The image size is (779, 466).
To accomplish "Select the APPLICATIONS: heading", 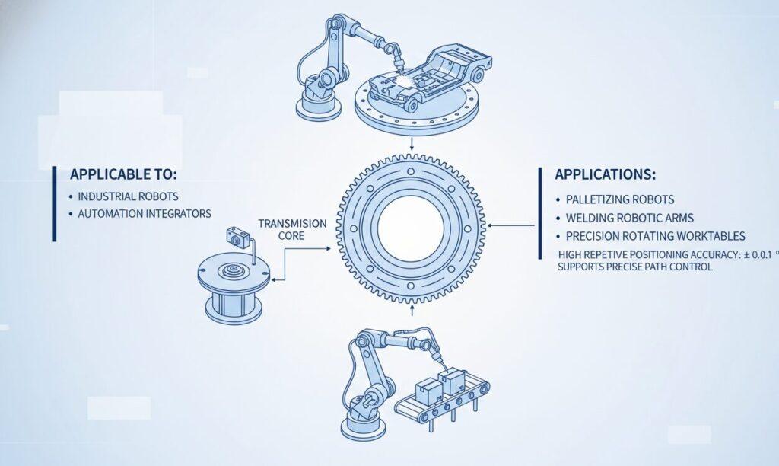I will point(604,174).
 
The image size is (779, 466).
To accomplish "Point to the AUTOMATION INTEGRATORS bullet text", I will point(144,214).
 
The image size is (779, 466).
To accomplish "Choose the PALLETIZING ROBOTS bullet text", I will point(620,199).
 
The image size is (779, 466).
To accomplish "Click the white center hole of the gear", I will point(410,227).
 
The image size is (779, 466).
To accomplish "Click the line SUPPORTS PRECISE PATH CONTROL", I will point(635,267).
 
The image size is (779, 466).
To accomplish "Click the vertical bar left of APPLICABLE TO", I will point(55,203).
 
